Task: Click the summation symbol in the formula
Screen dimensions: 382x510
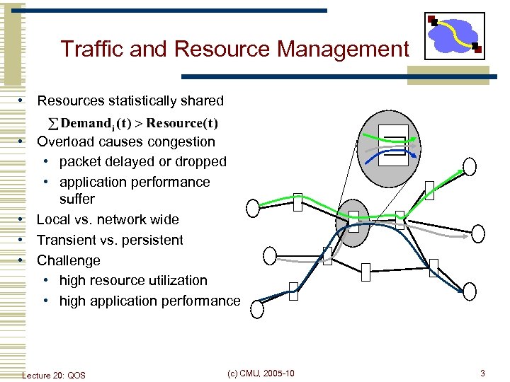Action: [x=52, y=125]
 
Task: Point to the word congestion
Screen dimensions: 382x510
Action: [x=181, y=141]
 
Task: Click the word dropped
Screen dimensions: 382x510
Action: [x=203, y=161]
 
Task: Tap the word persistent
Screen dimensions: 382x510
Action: [x=152, y=240]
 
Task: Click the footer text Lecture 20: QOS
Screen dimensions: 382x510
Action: [x=54, y=375]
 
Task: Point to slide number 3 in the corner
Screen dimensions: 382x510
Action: [x=482, y=373]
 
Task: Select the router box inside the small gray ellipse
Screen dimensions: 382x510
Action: [x=353, y=222]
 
